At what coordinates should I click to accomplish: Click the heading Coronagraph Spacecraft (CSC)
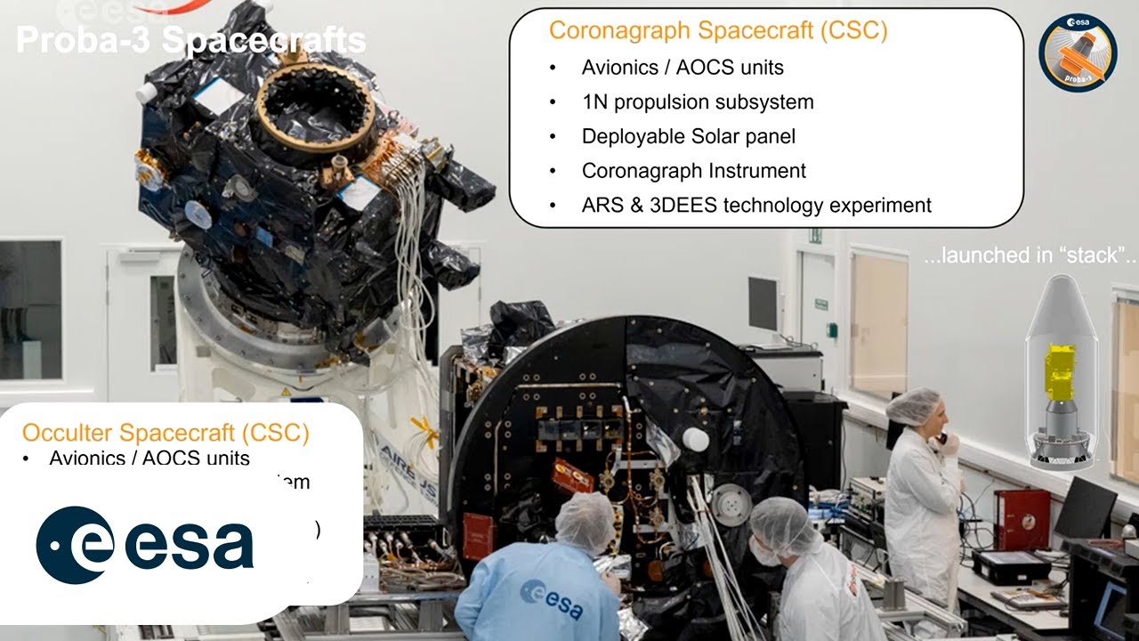(x=717, y=31)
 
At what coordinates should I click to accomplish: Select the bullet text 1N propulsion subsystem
(x=697, y=101)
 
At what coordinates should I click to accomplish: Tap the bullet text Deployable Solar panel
(x=688, y=136)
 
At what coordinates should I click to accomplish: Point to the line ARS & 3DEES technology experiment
(x=755, y=206)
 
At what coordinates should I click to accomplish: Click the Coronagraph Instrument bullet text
(x=693, y=171)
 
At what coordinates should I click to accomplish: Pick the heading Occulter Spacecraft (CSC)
(x=166, y=434)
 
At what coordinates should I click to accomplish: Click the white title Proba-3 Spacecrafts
(x=190, y=40)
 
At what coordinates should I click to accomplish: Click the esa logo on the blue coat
(x=552, y=599)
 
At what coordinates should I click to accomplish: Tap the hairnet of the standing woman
(x=914, y=406)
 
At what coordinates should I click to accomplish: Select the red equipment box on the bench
(x=1022, y=519)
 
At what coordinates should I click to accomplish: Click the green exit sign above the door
(x=815, y=236)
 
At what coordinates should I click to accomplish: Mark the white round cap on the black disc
(x=695, y=440)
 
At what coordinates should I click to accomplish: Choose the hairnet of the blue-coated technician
(x=586, y=521)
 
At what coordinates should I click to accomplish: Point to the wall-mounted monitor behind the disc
(x=763, y=304)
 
